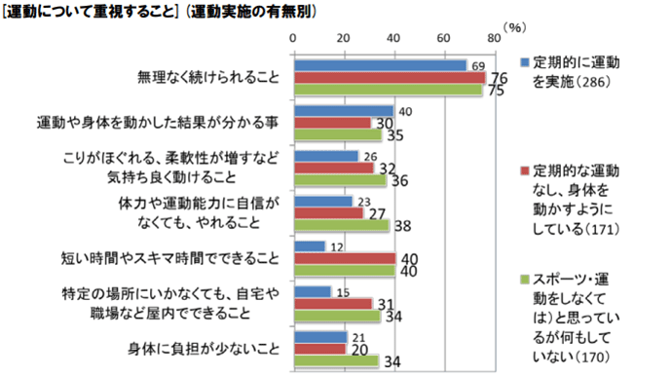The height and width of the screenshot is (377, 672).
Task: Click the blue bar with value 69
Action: pos(381,65)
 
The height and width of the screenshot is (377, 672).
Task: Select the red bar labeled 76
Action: pos(390,77)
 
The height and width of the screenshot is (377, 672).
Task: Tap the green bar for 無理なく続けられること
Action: pos(388,89)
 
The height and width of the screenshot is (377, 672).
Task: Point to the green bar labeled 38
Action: pos(342,224)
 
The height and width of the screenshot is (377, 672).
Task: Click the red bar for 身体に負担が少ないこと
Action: pos(319,349)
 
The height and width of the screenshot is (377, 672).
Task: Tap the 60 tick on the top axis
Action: pos(444,37)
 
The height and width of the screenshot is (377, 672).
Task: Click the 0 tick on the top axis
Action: pos(295,37)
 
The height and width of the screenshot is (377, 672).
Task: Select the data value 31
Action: pos(384,303)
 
